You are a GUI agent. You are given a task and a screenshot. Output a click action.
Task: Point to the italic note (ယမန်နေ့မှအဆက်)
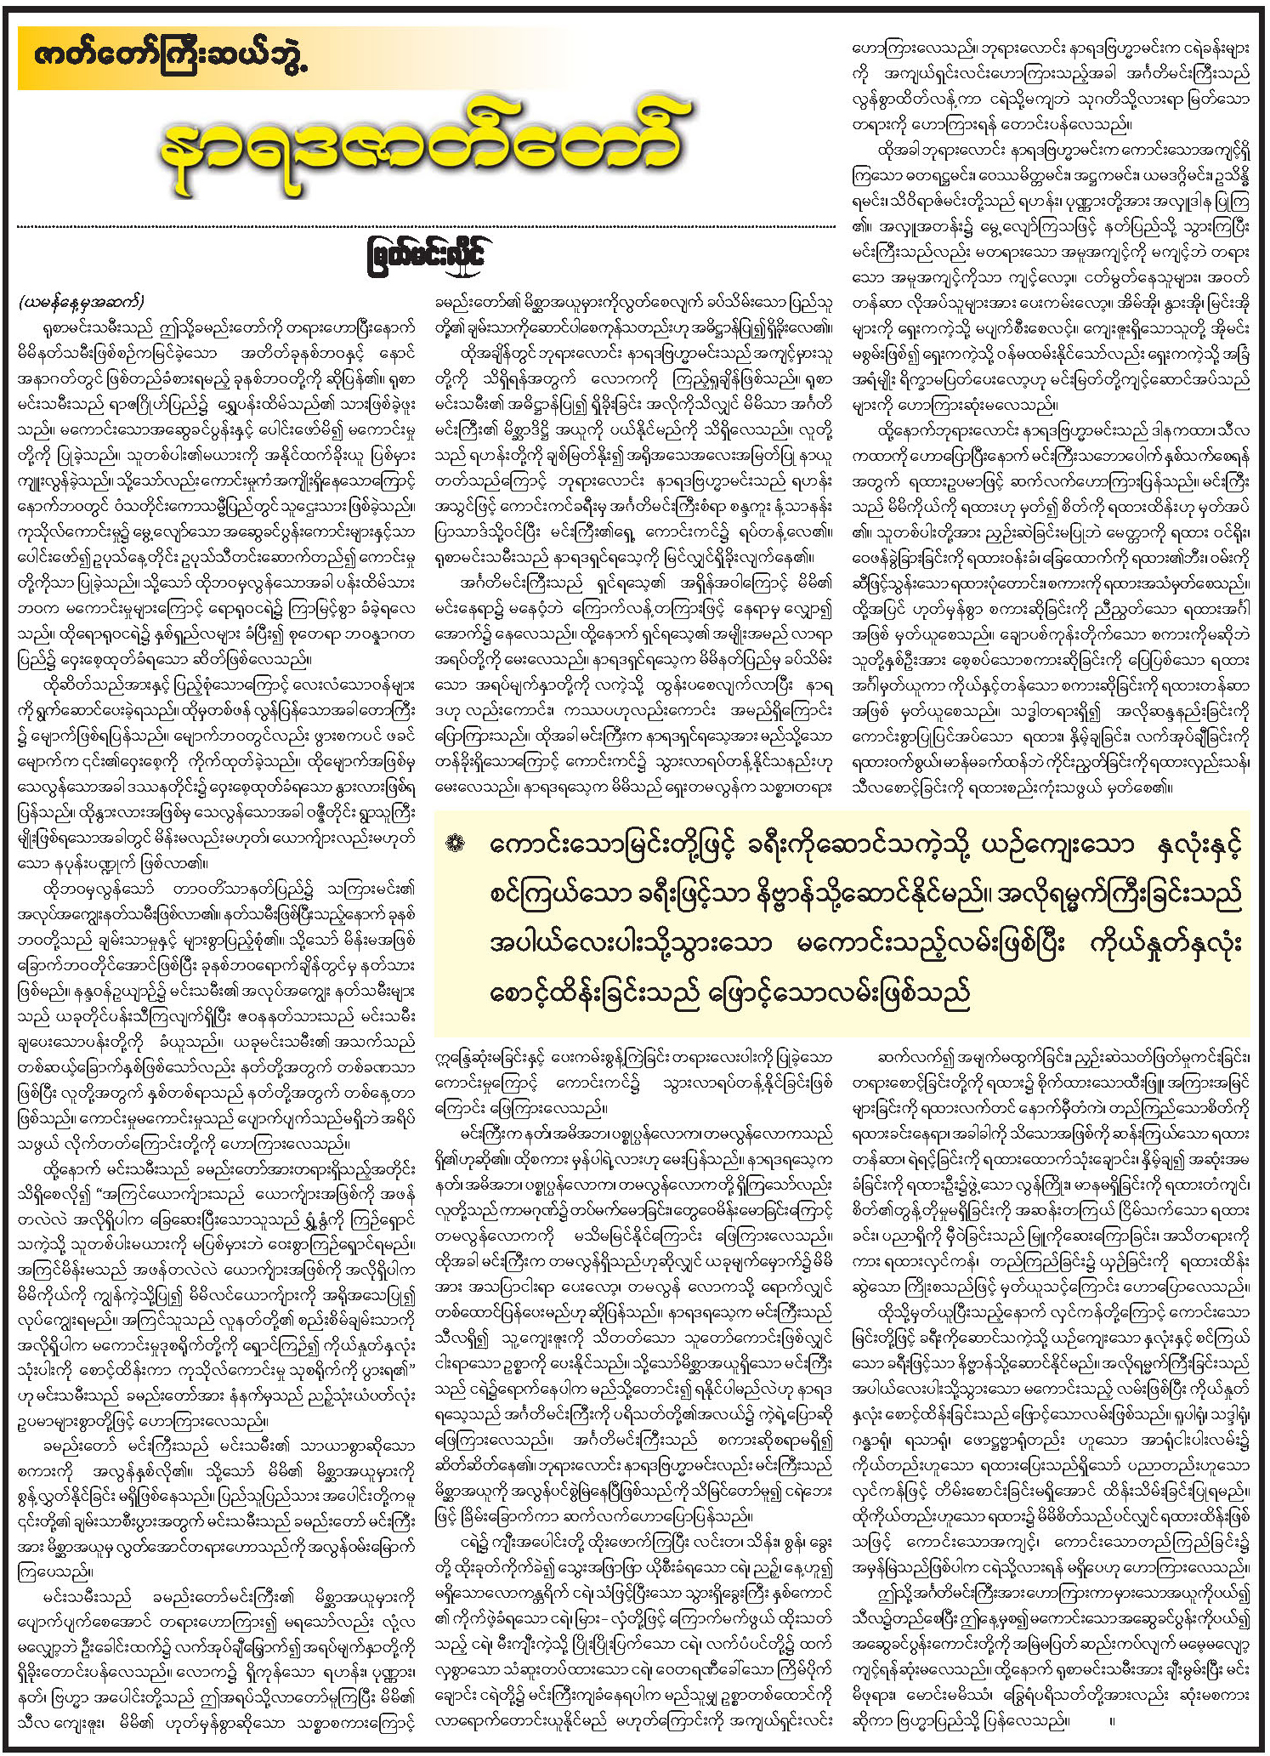point(81,302)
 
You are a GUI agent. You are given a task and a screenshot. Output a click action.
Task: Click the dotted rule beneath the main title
point(425,227)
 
